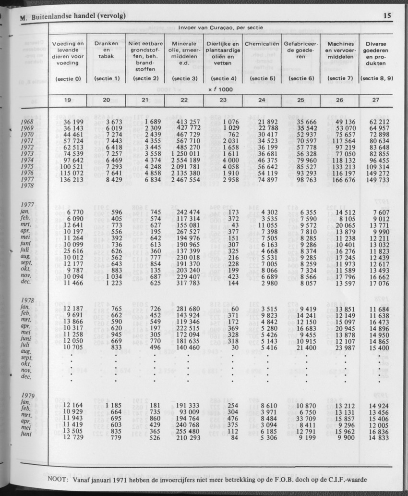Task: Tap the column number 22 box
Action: click(184, 100)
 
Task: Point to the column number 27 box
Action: click(376, 100)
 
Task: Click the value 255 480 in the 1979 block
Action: click(184, 431)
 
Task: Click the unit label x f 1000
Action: click(221, 89)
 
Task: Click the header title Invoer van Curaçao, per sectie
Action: click(220, 28)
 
